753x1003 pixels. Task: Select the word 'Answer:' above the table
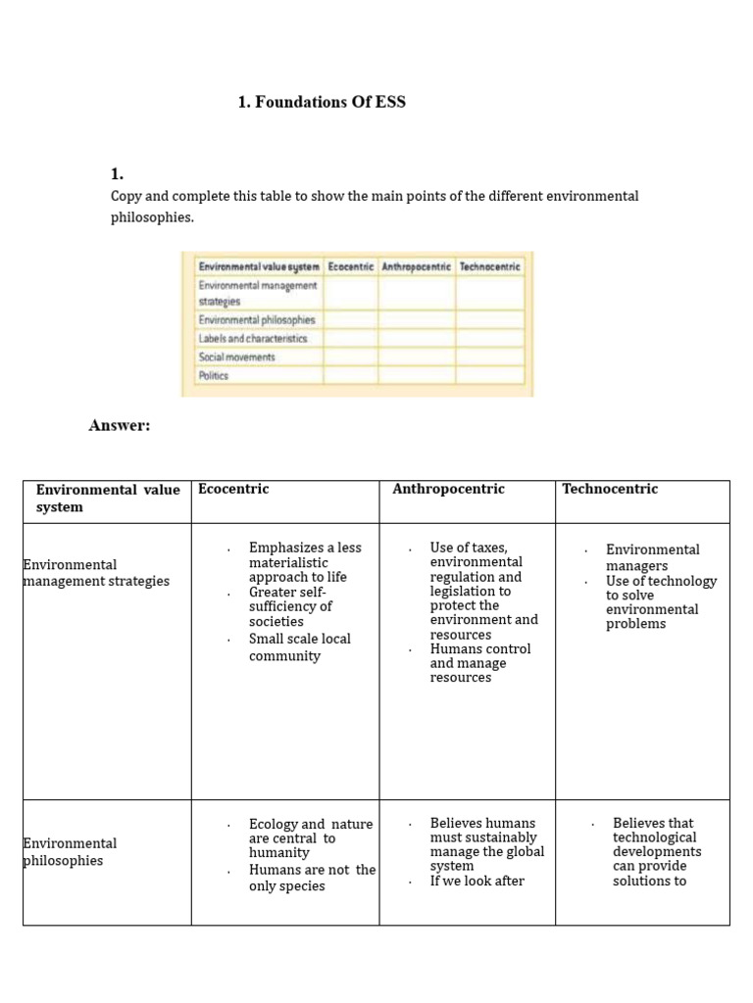pos(119,424)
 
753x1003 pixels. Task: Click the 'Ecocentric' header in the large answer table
pos(233,489)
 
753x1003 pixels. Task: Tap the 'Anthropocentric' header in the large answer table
pos(448,489)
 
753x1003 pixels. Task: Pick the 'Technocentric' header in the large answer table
pos(610,489)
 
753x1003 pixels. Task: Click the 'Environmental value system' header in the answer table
pos(107,498)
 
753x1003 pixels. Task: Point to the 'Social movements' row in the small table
pos(236,358)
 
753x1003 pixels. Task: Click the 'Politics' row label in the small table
pos(213,376)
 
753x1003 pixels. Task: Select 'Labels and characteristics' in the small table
pos(252,338)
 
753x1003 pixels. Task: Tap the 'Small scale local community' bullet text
pos(298,647)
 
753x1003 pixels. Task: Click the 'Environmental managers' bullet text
pos(652,557)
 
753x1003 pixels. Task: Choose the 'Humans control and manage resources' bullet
pos(479,663)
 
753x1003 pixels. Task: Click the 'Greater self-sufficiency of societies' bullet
pos(290,606)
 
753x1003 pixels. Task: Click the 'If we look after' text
pos(477,881)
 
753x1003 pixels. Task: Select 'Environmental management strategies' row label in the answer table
pos(95,573)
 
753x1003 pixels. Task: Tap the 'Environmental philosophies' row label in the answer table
pos(70,852)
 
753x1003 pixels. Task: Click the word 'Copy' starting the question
pos(125,196)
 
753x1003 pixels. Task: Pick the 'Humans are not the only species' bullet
pos(311,878)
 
